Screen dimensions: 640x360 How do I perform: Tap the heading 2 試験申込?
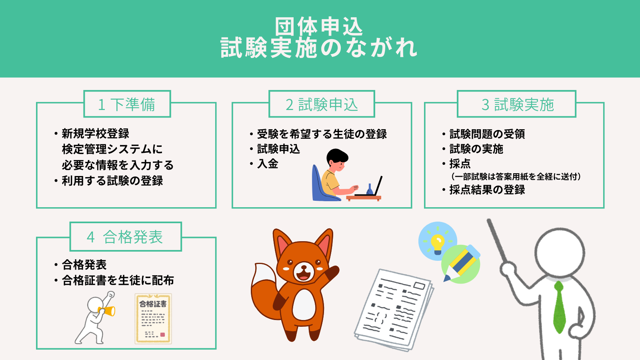tap(322, 104)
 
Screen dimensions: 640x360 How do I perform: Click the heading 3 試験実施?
tap(518, 104)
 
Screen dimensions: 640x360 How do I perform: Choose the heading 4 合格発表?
tap(125, 237)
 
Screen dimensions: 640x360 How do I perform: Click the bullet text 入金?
tap(268, 164)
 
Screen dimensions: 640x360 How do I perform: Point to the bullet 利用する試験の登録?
tap(112, 180)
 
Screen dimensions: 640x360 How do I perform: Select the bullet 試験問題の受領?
tap(487, 134)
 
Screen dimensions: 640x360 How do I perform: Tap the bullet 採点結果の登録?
tap(487, 190)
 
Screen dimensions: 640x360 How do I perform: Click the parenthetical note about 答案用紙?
tap(516, 176)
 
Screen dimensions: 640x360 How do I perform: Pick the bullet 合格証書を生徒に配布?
tap(118, 280)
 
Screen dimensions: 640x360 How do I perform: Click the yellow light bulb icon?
tap(437, 244)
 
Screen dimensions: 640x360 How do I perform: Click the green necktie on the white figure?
tap(560, 307)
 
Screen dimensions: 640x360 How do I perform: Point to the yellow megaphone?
tap(106, 311)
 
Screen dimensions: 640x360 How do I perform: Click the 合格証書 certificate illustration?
tap(154, 318)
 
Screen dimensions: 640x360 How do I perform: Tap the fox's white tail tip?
tap(264, 273)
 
